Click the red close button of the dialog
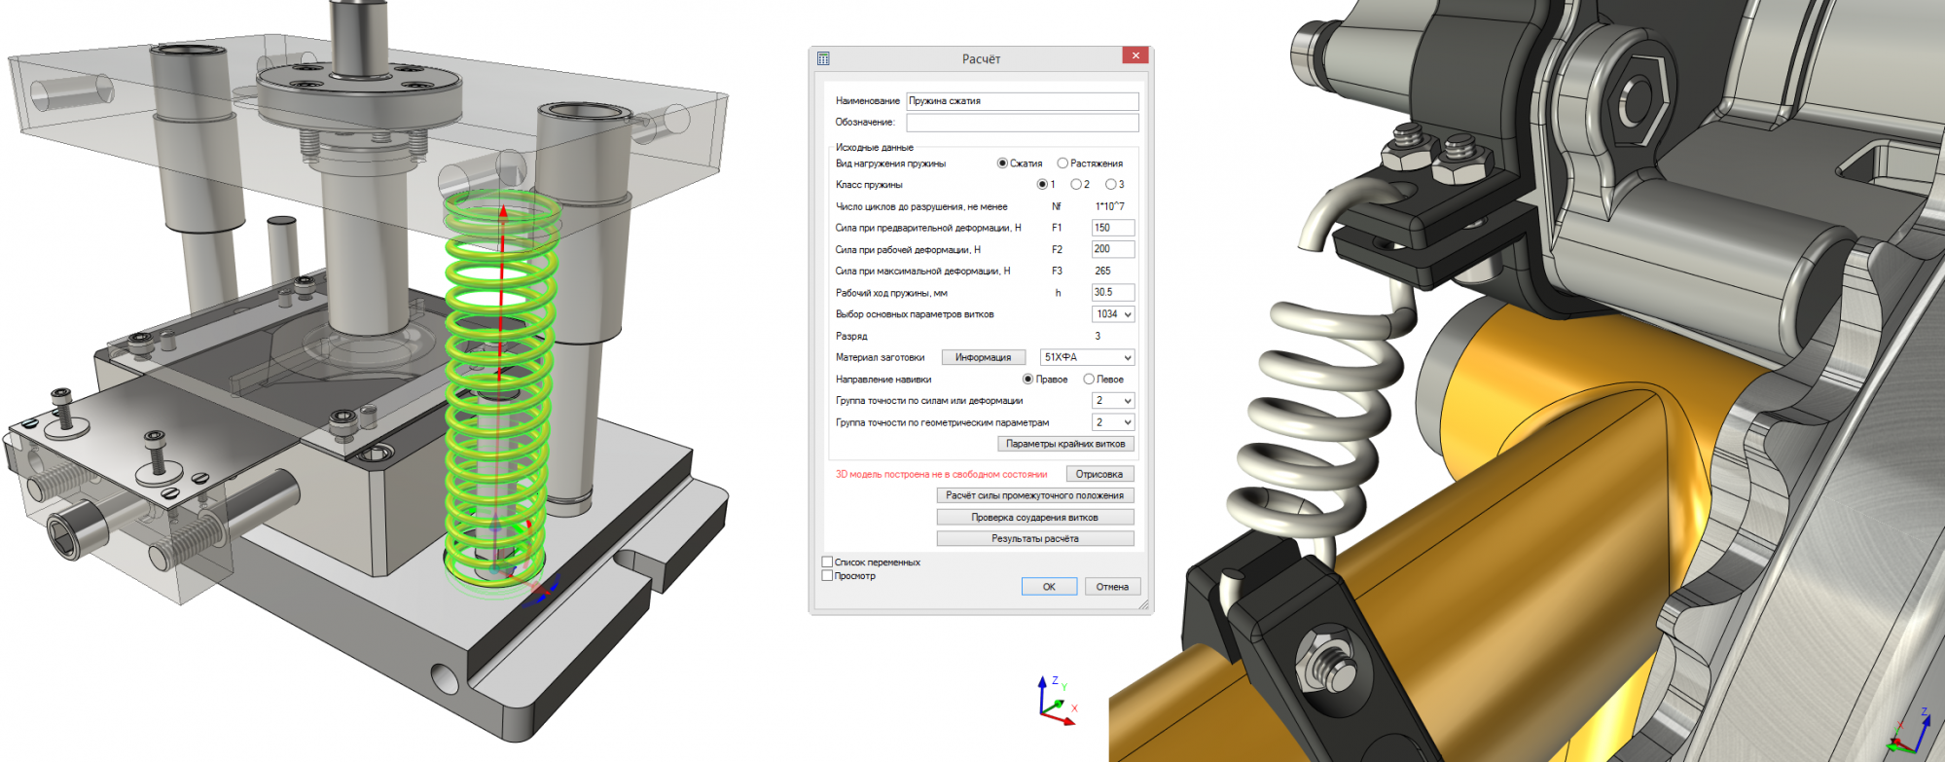1135,56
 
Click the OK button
1049,587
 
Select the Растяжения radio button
1063,163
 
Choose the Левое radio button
1089,380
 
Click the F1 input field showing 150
1113,228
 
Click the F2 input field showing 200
1113,249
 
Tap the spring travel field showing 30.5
1113,292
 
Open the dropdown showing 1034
1113,314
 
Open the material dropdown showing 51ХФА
1087,357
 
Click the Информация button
983,357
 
